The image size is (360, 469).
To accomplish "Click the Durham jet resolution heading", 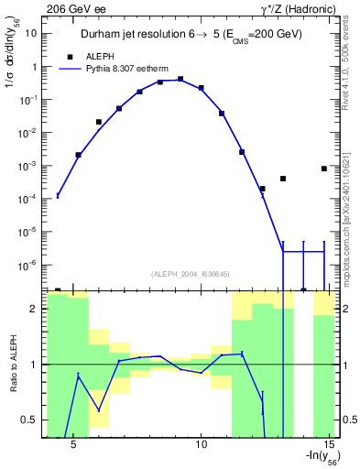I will pos(191,35).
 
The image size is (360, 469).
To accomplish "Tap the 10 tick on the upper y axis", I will pos(29,33).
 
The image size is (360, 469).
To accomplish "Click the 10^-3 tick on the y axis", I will pos(27,166).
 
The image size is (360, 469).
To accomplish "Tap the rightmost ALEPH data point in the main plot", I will pos(324,169).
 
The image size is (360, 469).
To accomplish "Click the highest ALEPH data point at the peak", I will pos(180,80).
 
